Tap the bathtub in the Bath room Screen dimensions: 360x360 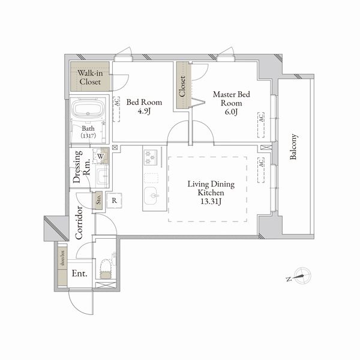click(88, 111)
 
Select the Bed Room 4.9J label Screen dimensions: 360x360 click(144, 106)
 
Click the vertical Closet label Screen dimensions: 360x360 click(182, 86)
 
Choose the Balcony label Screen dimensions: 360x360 click(294, 147)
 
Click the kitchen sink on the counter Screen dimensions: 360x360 click(151, 196)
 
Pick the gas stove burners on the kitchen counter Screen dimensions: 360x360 click(149, 158)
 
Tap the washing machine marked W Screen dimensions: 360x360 click(101, 157)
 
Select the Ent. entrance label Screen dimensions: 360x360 click(80, 274)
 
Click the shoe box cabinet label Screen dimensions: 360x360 click(62, 264)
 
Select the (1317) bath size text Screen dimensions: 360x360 click(89, 136)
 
